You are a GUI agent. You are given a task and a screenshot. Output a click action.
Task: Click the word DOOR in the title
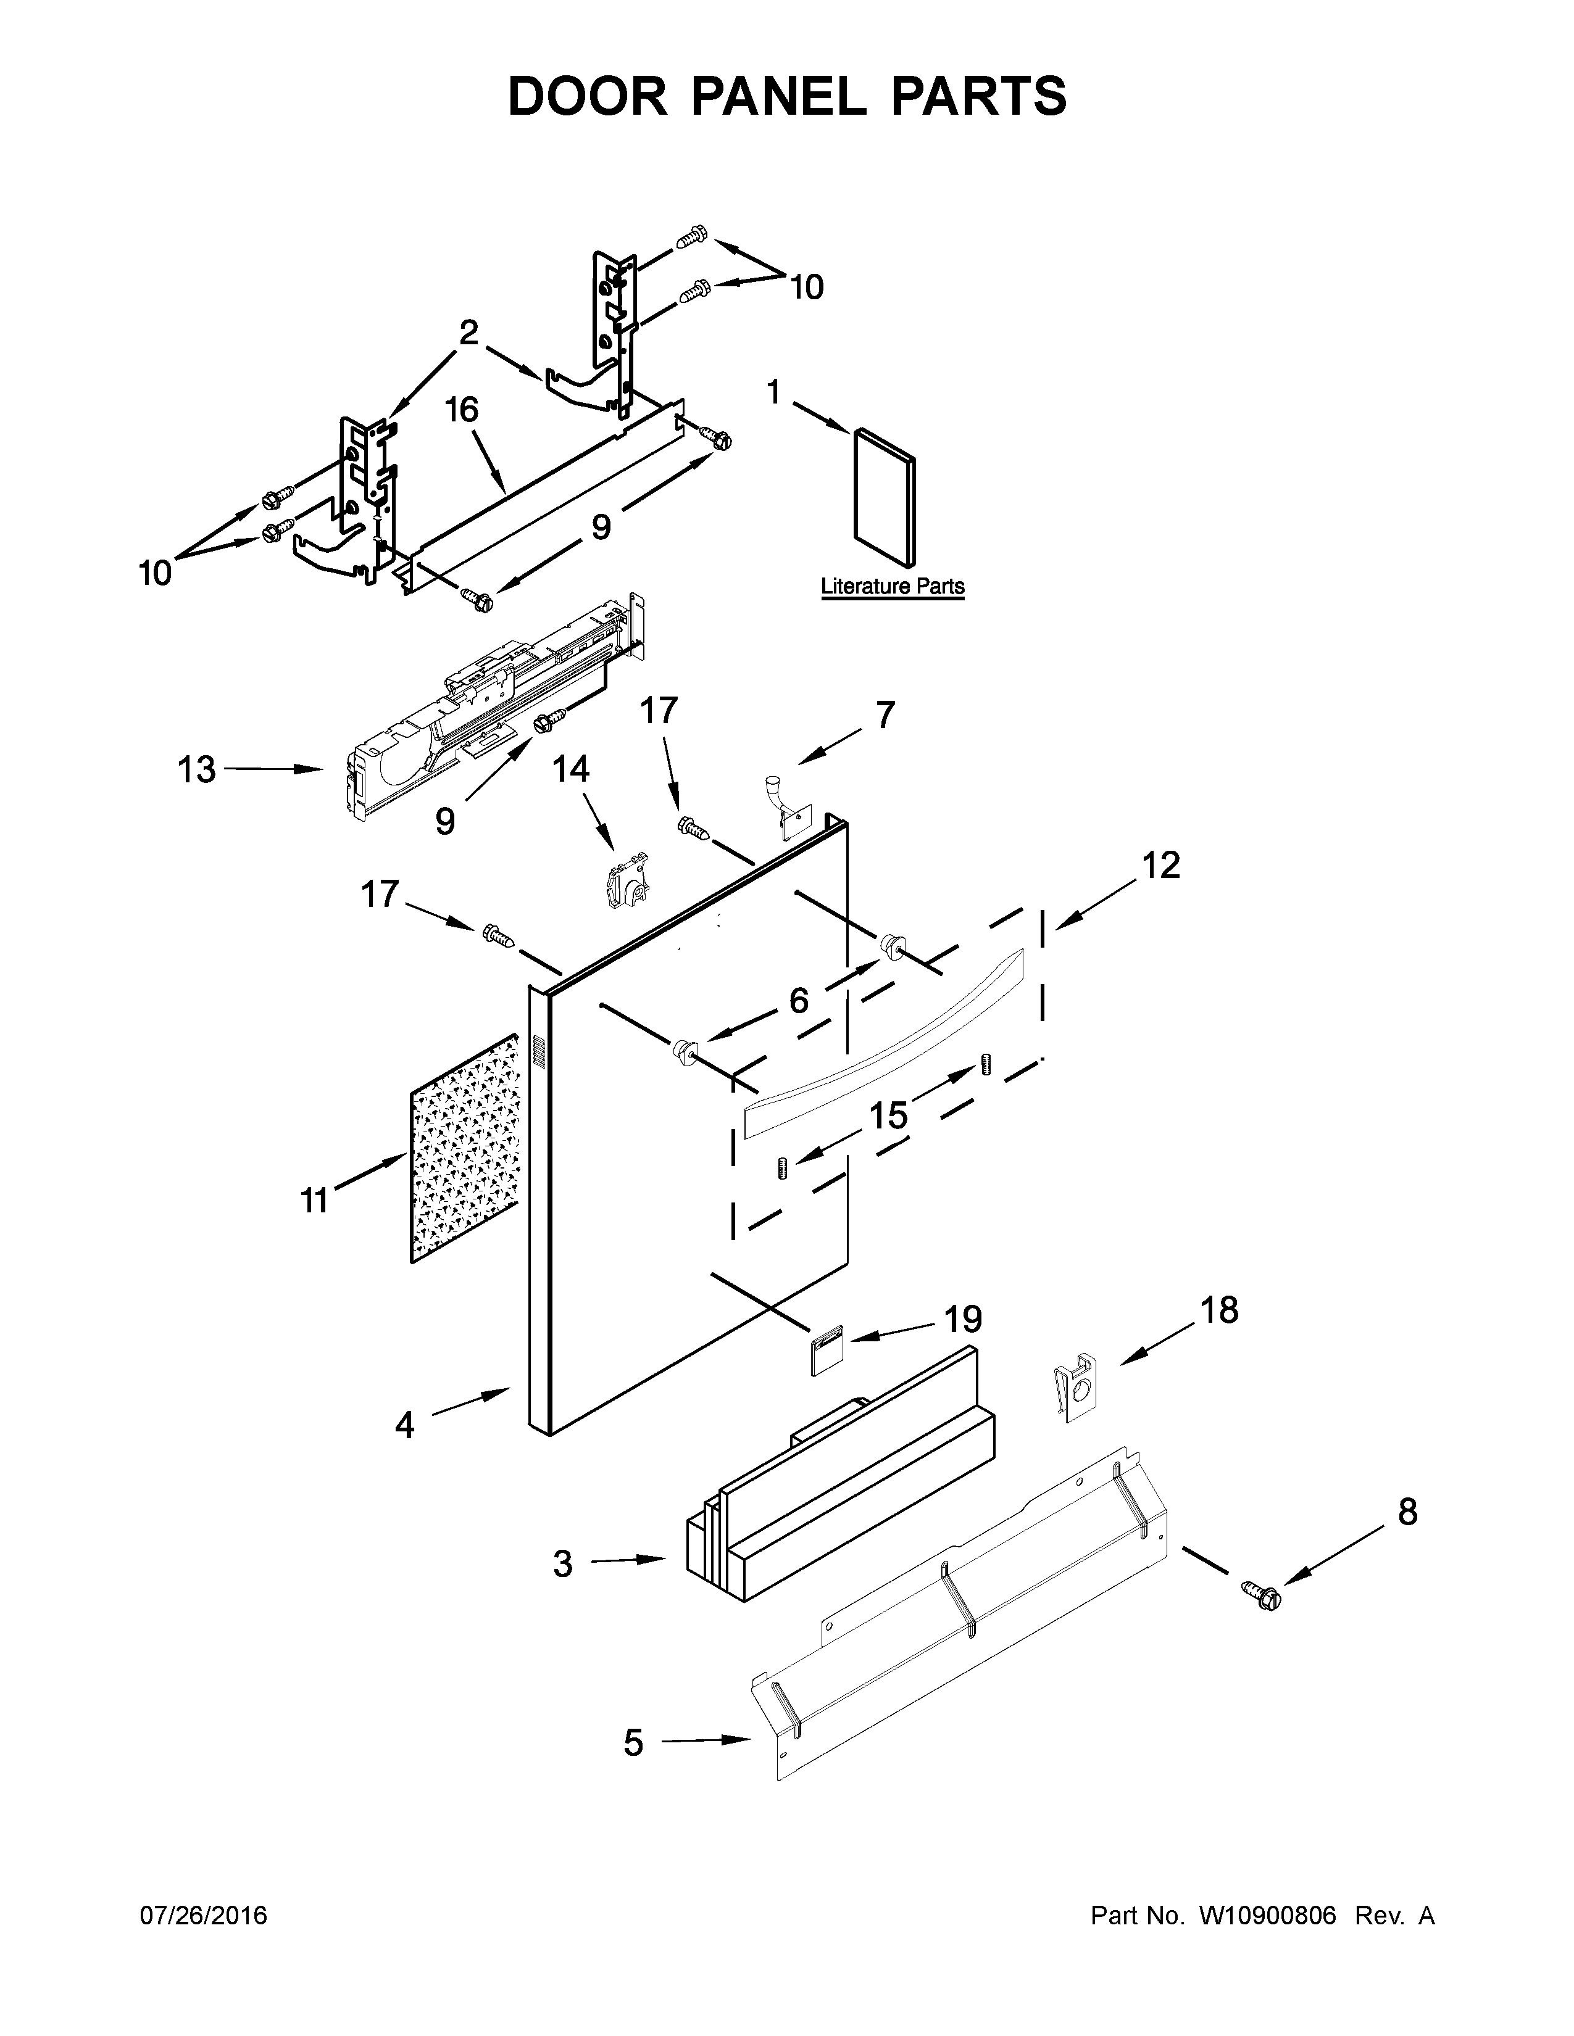click(x=588, y=97)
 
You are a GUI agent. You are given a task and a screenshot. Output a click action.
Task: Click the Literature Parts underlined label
click(x=893, y=586)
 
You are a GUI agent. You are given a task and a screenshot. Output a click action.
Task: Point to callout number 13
click(x=197, y=770)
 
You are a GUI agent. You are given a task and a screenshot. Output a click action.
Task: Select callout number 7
click(x=884, y=715)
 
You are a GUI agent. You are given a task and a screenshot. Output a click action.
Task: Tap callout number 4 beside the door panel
click(x=404, y=1425)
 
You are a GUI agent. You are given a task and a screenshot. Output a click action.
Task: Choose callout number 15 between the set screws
click(x=889, y=1114)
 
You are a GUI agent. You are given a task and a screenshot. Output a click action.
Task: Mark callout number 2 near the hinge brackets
click(x=468, y=333)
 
